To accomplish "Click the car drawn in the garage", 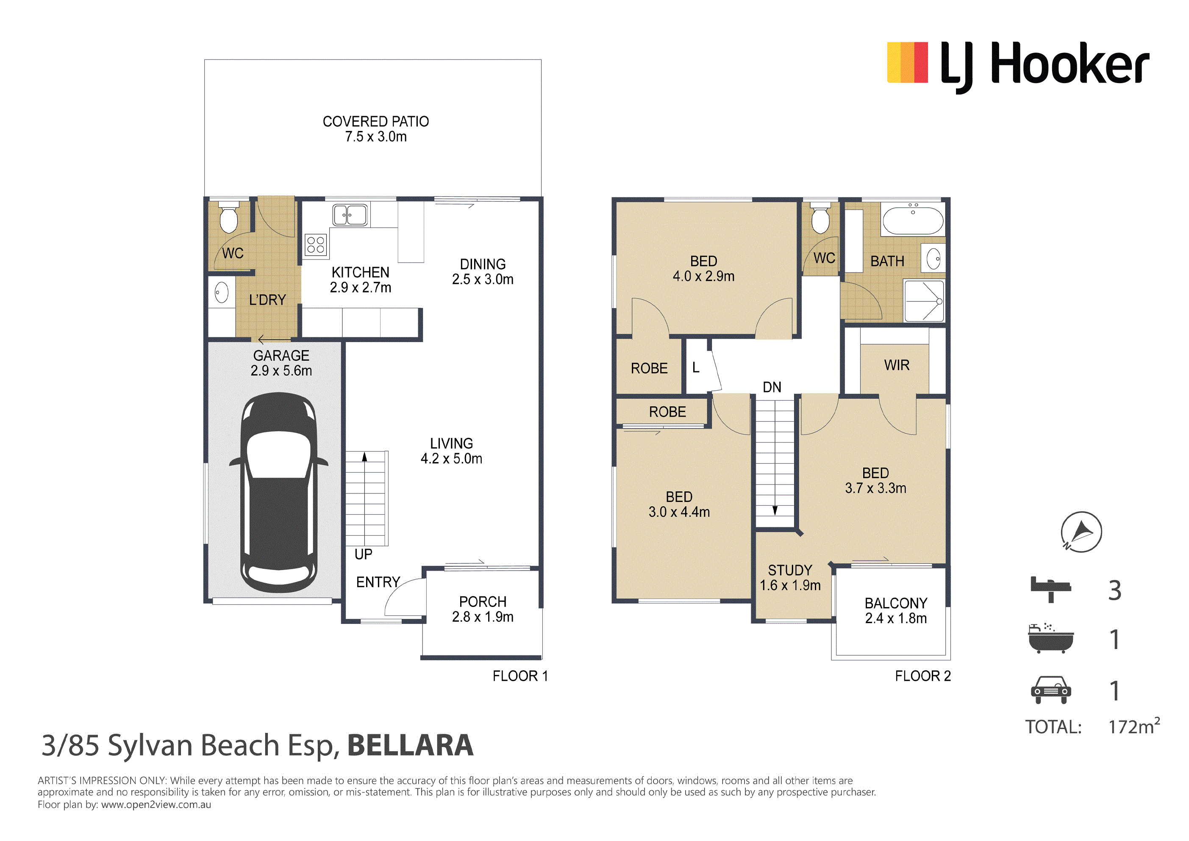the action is pyautogui.click(x=279, y=492).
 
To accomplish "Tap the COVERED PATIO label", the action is pyautogui.click(x=376, y=121).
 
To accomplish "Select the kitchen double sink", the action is pyautogui.click(x=350, y=214).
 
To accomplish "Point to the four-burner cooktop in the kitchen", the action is pyautogui.click(x=316, y=244).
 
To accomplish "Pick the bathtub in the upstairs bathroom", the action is pyautogui.click(x=913, y=219).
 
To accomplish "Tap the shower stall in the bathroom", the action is pyautogui.click(x=924, y=301).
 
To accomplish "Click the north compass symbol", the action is pyautogui.click(x=1081, y=532).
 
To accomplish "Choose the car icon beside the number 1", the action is pyautogui.click(x=1051, y=690).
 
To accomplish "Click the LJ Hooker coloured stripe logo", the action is pyautogui.click(x=907, y=63).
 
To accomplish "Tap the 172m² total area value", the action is pyautogui.click(x=1134, y=726).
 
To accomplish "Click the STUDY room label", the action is pyautogui.click(x=790, y=571).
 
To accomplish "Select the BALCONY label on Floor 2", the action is pyautogui.click(x=896, y=603).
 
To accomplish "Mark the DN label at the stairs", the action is pyautogui.click(x=772, y=387).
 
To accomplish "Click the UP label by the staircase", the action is pyautogui.click(x=364, y=554).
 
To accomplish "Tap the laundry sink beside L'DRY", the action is pyautogui.click(x=222, y=293).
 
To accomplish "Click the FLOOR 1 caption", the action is pyautogui.click(x=520, y=676).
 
